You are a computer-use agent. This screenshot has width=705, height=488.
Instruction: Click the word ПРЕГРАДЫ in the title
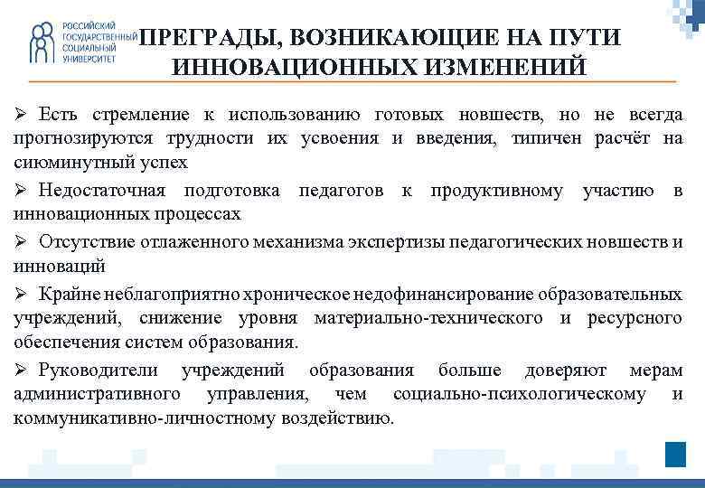207,38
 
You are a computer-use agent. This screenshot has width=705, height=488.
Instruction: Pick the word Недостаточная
102,190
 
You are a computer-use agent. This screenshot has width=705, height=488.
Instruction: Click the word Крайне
70,294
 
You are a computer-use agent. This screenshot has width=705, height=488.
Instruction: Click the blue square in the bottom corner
675,454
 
